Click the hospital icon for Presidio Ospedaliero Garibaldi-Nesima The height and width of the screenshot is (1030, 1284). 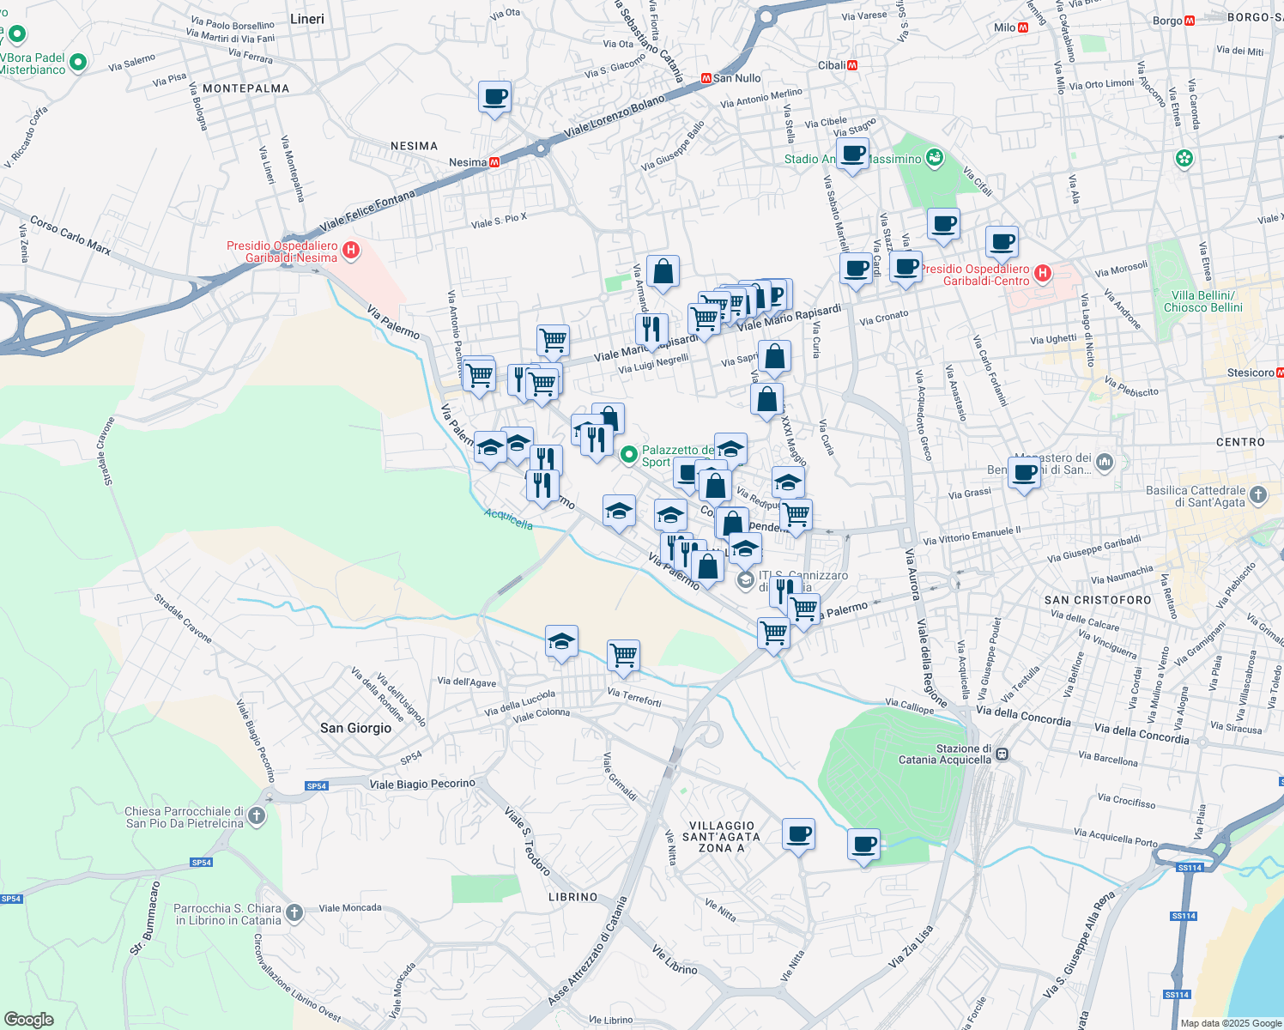pyautogui.click(x=350, y=251)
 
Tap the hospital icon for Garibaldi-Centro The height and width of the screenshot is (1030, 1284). pyautogui.click(x=1043, y=274)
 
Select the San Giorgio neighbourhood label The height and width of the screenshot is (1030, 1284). pyautogui.click(x=355, y=728)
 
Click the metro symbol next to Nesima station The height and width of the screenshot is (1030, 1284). pyautogui.click(x=494, y=162)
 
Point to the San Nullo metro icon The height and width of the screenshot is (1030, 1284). pyautogui.click(x=706, y=78)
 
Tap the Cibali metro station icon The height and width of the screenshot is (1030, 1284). pyautogui.click(x=852, y=65)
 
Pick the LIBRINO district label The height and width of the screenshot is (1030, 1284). pyautogui.click(x=572, y=897)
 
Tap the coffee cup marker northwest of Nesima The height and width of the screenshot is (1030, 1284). pyautogui.click(x=494, y=98)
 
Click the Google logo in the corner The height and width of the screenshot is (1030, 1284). pyautogui.click(x=28, y=1019)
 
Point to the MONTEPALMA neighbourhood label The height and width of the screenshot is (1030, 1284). pyautogui.click(x=245, y=88)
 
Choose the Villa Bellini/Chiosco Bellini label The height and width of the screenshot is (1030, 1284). pyautogui.click(x=1202, y=301)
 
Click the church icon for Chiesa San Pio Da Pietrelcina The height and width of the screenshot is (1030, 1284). pyautogui.click(x=257, y=816)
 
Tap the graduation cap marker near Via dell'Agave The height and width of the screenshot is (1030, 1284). pyautogui.click(x=561, y=642)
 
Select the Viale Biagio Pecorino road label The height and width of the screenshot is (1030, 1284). pyautogui.click(x=421, y=784)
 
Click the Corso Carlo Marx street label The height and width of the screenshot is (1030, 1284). pyautogui.click(x=70, y=234)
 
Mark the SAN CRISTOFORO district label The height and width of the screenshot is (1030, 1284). pyautogui.click(x=1098, y=600)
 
